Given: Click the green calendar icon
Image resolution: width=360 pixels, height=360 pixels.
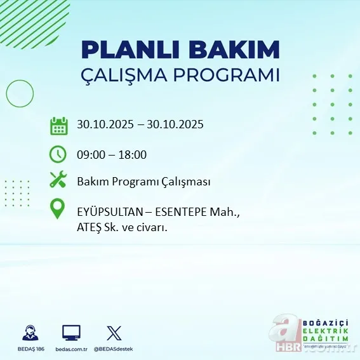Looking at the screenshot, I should click(59, 125).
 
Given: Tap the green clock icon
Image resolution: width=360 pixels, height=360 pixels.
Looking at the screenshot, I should click(58, 154).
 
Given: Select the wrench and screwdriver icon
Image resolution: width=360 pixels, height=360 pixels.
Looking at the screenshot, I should click(58, 181).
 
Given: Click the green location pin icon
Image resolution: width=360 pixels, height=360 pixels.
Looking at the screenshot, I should click(58, 210).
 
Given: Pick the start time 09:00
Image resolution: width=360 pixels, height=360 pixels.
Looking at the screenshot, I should click(91, 154).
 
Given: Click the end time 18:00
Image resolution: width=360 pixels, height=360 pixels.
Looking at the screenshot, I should click(132, 154).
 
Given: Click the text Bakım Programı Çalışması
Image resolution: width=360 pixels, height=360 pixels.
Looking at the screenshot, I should click(143, 182).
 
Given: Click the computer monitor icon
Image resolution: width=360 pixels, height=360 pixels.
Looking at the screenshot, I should click(71, 333).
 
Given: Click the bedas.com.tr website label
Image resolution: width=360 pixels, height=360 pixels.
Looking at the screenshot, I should click(71, 349).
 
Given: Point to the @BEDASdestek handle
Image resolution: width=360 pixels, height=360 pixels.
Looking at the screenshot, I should click(114, 349).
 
